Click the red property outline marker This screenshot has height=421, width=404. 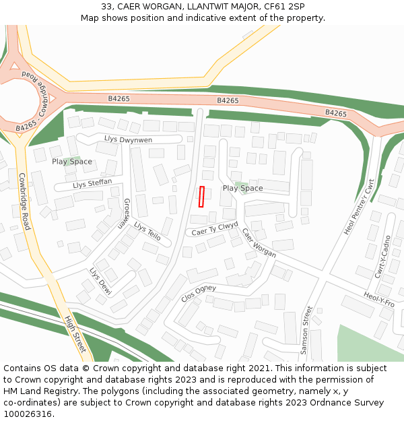(201, 196)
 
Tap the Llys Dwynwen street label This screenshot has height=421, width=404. (128, 139)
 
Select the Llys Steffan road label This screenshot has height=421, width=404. (92, 184)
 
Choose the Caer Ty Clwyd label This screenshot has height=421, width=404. (215, 228)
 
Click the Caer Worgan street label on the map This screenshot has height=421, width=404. (259, 243)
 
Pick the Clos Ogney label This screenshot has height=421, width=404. (199, 292)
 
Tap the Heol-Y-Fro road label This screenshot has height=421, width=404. (378, 299)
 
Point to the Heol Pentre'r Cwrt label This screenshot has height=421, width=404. (359, 207)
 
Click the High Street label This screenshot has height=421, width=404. (75, 334)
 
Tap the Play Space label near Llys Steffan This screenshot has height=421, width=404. (72, 162)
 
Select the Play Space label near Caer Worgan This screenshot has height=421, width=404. (242, 189)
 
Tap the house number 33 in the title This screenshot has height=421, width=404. (106, 6)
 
